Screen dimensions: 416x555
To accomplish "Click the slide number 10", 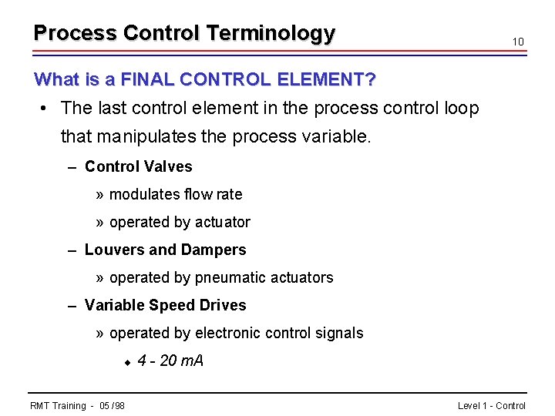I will (519, 42).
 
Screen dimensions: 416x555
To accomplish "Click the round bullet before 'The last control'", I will (45, 108).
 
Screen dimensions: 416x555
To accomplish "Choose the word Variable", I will (114, 305).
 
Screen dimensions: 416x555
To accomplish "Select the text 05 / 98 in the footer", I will (113, 406).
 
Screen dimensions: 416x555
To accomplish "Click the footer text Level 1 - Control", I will (491, 406).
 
